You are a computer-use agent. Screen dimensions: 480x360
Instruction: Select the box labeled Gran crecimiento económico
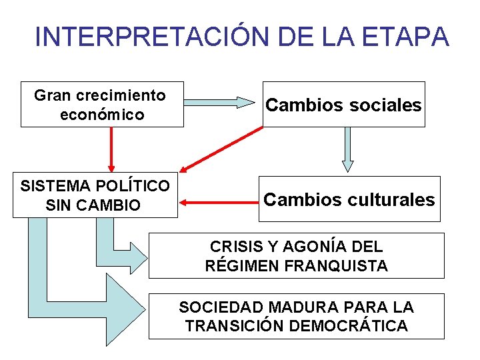click(102, 105)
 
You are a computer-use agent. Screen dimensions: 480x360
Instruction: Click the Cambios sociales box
click(343, 105)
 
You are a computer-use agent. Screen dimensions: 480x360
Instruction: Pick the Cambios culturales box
click(349, 199)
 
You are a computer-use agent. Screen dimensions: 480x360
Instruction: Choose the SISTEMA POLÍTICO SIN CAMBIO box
click(95, 195)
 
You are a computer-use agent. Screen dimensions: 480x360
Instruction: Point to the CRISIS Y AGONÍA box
click(295, 256)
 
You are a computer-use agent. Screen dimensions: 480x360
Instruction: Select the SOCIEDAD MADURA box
click(295, 317)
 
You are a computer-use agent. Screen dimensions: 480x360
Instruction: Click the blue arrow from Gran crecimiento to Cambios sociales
click(220, 103)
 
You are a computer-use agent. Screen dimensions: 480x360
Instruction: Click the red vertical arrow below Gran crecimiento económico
click(111, 149)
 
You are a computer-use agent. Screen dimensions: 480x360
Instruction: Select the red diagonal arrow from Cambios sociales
click(219, 150)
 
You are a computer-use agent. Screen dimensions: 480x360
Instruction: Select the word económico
click(102, 114)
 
